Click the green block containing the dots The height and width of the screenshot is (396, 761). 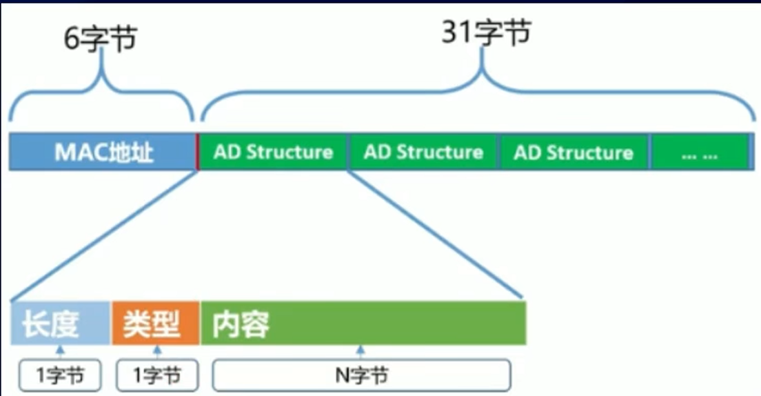pos(700,154)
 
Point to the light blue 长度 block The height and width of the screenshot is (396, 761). pos(60,323)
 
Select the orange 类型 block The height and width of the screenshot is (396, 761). pos(155,323)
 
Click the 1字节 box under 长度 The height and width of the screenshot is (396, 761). pos(60,375)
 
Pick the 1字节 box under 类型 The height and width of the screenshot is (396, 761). pos(156,375)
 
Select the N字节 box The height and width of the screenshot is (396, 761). pos(361,375)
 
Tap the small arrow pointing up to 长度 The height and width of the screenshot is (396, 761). pos(60,352)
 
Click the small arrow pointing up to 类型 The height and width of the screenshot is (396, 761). pos(156,352)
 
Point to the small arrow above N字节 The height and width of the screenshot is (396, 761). pos(361,352)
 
